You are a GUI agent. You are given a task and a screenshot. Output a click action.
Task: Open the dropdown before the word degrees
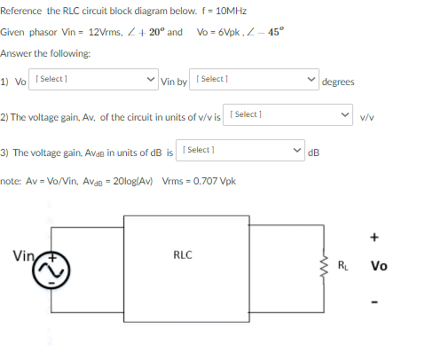(x=253, y=81)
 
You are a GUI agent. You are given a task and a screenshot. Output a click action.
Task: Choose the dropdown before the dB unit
(x=240, y=151)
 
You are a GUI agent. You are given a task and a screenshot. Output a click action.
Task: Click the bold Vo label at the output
(x=380, y=265)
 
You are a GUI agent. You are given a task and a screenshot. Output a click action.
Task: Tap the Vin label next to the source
(x=24, y=256)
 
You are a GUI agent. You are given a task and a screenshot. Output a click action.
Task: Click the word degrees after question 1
(x=338, y=82)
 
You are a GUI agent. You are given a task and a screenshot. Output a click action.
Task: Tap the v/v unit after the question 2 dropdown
(x=367, y=116)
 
